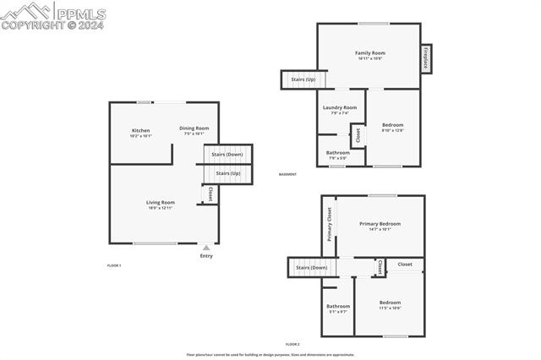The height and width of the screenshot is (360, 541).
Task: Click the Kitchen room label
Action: coord(140,130)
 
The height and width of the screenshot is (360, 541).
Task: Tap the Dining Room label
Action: coord(194,128)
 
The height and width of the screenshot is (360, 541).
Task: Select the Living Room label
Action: coord(160,202)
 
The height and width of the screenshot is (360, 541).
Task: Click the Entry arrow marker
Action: coord(206,247)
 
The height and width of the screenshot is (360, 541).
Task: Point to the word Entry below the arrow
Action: coord(206,255)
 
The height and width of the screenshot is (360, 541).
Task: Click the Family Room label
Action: coord(369,53)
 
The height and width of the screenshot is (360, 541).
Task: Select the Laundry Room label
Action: coord(340,107)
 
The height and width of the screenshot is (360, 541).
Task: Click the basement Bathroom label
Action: coord(338,152)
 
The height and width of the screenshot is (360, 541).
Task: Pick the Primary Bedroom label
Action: coord(380,224)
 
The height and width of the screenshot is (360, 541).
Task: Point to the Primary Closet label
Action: coord(330,225)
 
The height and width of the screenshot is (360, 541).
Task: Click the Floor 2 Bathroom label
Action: coord(338,306)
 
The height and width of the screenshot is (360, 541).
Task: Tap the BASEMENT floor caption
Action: coord(287,174)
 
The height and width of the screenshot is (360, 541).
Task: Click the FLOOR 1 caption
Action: coord(114,265)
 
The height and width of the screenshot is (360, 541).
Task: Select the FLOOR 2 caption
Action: coord(292,344)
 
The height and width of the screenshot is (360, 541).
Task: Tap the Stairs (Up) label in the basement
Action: coord(303,79)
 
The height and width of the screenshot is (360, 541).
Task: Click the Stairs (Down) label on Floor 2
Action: coord(312,267)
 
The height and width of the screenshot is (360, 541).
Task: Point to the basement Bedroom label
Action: coord(393,124)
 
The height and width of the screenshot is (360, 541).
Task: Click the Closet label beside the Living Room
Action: coord(210,194)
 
